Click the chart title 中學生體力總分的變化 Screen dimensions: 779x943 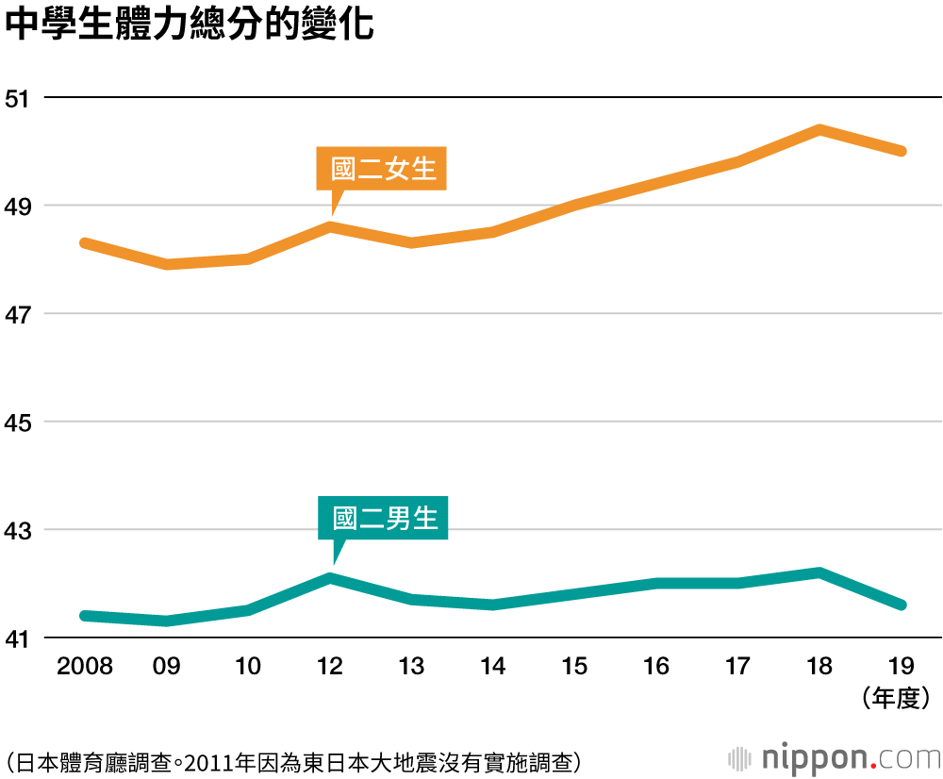(x=189, y=26)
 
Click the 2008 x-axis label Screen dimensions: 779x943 (x=85, y=667)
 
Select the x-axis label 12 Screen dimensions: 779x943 (x=330, y=667)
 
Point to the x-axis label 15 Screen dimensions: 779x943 (x=575, y=667)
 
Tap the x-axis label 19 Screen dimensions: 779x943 (x=901, y=667)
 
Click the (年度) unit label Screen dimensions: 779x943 (x=896, y=698)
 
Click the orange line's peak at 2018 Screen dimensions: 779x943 (x=820, y=130)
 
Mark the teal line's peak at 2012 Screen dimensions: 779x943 (x=330, y=577)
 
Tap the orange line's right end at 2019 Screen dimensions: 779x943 (x=902, y=151)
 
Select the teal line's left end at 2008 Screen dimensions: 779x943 (x=85, y=616)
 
